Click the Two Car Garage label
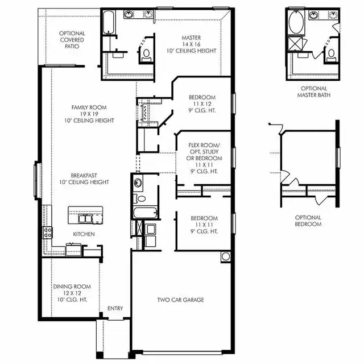coord(181,300)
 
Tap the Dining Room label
coord(72,293)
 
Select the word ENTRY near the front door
coord(115,308)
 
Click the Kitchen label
coord(84,234)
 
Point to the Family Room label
coord(89,114)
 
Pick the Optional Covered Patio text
coord(72,40)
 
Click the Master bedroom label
coord(191,44)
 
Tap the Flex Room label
coord(204,158)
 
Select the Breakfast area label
coord(84,179)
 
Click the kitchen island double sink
coord(85,218)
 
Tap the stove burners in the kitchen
coord(48,233)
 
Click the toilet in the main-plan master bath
coord(146,56)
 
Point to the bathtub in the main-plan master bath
coord(108,22)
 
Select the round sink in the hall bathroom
coord(138,183)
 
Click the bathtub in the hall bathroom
coord(146,212)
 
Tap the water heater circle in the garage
coord(226,257)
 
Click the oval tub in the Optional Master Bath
coord(296,22)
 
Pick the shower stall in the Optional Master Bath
coord(295,44)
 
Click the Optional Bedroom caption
coord(308,221)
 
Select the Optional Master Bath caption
coord(314,92)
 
